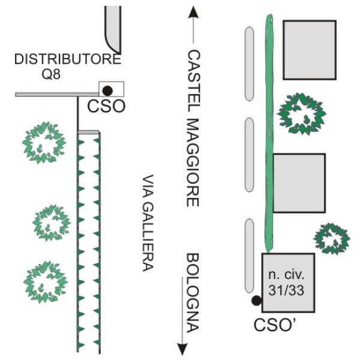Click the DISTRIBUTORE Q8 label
(67, 67)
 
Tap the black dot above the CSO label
(107, 91)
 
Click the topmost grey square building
(310, 49)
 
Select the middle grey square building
(299, 183)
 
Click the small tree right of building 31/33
(332, 238)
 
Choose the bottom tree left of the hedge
(45, 281)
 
